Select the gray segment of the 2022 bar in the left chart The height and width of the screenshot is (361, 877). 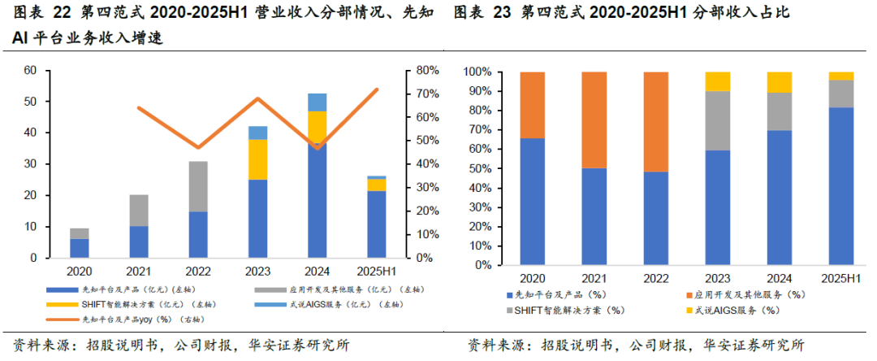pyautogui.click(x=198, y=186)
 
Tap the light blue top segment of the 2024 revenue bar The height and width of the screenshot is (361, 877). pyautogui.click(x=318, y=102)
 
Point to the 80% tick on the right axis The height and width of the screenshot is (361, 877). pyautogui.click(x=427, y=71)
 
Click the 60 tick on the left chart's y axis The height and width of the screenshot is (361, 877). pyautogui.click(x=31, y=71)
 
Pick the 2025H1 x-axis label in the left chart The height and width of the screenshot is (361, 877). pyautogui.click(x=376, y=271)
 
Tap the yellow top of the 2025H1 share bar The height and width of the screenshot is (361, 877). pyautogui.click(x=840, y=76)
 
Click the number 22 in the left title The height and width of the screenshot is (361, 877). pyautogui.click(x=56, y=13)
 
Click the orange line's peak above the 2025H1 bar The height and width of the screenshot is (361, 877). pyautogui.click(x=377, y=89)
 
